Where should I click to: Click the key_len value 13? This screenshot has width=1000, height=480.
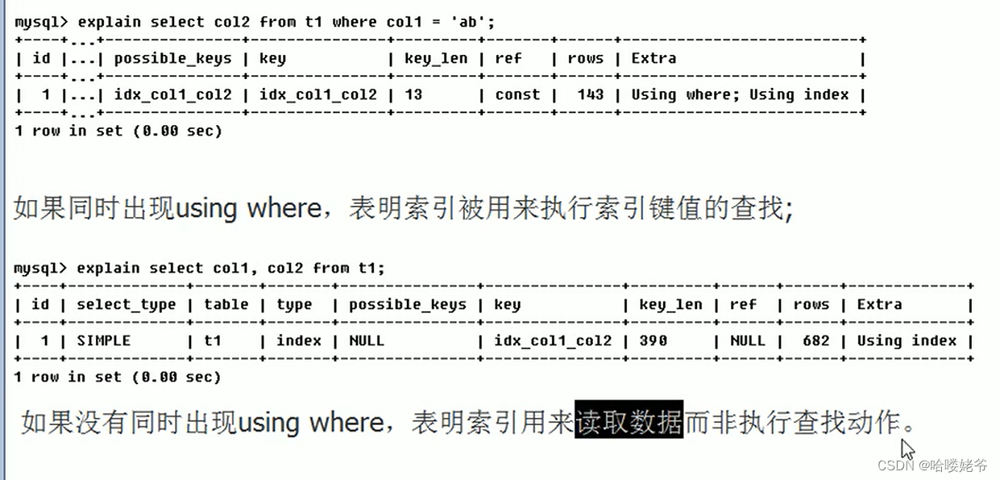(413, 94)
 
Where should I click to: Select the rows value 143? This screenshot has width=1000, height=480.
(590, 94)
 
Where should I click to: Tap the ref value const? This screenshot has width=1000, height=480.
(517, 94)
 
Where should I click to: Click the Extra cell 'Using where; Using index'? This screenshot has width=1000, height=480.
(740, 94)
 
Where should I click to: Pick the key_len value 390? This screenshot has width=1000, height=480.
(653, 340)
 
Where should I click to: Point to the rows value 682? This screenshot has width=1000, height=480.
(815, 340)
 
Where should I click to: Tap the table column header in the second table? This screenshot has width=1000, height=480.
(226, 304)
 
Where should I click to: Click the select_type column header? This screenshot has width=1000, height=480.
(126, 304)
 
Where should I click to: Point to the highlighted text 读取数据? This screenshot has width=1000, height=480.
(629, 421)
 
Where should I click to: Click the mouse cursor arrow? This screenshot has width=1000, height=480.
(907, 449)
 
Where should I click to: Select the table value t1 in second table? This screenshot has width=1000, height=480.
(212, 340)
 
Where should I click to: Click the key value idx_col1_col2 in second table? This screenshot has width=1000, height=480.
(553, 340)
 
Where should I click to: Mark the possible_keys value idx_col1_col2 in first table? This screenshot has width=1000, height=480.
(172, 94)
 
